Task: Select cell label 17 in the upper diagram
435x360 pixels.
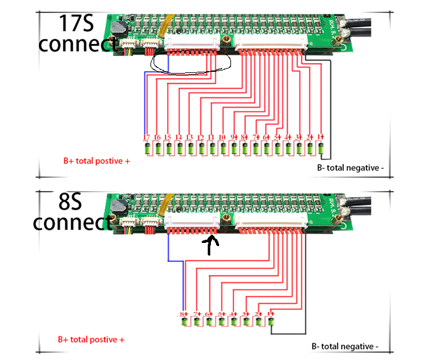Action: pyautogui.click(x=146, y=137)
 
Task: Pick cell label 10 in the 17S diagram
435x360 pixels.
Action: pyautogui.click(x=222, y=137)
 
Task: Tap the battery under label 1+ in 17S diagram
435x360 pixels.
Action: pyautogui.click(x=321, y=149)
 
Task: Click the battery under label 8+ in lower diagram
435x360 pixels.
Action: pyautogui.click(x=184, y=322)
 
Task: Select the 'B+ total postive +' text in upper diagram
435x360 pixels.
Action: pyautogui.click(x=97, y=160)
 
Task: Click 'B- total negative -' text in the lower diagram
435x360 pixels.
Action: pyautogui.click(x=345, y=346)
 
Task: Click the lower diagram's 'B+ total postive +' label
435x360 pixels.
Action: pyautogui.click(x=91, y=339)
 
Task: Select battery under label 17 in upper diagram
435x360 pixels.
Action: pyautogui.click(x=147, y=149)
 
